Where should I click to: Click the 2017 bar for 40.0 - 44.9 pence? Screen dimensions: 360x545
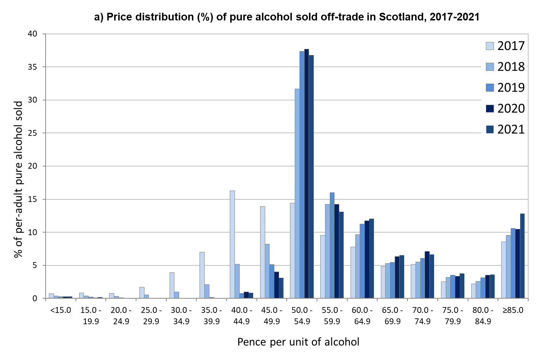tap(232, 244)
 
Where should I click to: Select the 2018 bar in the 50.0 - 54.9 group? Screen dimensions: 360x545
tap(297, 194)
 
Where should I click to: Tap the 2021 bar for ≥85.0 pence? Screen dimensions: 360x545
tap(522, 256)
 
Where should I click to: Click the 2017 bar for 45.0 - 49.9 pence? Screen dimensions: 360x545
tap(263, 252)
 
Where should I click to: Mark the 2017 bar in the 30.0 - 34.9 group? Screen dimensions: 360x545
tap(172, 285)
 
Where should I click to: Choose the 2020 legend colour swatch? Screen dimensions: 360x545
tap(490, 108)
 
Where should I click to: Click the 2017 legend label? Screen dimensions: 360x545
tap(511, 46)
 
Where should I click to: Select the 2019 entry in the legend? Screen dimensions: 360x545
tap(511, 88)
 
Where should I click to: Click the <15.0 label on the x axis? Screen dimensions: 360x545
tap(61, 310)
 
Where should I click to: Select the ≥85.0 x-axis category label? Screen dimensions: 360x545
tap(513, 310)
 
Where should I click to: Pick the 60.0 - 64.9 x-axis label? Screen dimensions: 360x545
tap(362, 316)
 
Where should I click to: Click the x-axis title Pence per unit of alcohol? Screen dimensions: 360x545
tap(298, 342)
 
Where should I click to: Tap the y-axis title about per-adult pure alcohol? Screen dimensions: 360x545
tap(18, 179)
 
